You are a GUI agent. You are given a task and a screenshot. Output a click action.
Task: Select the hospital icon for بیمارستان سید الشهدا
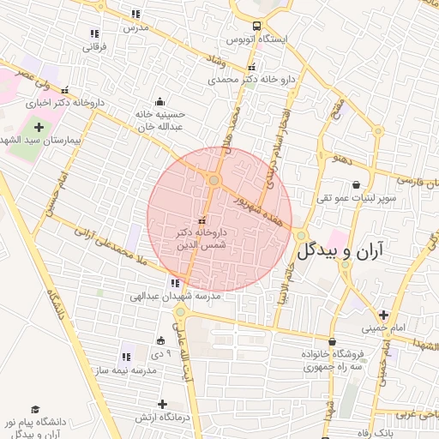pyautogui.click(x=39, y=127)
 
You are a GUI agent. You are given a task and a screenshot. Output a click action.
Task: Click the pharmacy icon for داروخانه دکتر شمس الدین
pyautogui.click(x=202, y=220)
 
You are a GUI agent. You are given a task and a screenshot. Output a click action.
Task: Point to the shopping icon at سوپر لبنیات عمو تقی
pyautogui.click(x=356, y=184)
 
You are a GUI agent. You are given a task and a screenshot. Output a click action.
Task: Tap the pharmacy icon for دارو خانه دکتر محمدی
pyautogui.click(x=251, y=67)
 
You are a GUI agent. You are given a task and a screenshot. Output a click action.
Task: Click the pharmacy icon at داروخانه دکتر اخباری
pyautogui.click(x=65, y=89)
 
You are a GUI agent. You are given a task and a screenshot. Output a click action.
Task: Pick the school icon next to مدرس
pyautogui.click(x=135, y=14)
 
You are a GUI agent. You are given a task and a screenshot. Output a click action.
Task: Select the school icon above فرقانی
pyautogui.click(x=93, y=33)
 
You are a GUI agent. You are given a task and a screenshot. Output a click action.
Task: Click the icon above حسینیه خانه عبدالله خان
pyautogui.click(x=159, y=100)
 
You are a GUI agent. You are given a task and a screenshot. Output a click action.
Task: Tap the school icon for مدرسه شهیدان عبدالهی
pyautogui.click(x=175, y=283)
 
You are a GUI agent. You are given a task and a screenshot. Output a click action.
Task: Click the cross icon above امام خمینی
pyautogui.click(x=383, y=314)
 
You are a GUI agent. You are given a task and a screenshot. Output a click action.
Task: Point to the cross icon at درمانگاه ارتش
pyautogui.click(x=162, y=404)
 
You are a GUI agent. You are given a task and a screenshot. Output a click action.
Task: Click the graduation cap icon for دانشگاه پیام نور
pyautogui.click(x=35, y=410)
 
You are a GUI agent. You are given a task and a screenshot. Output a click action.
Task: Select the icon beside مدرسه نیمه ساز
pyautogui.click(x=126, y=357)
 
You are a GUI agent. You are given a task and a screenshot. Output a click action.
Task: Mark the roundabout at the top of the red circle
pyautogui.click(x=213, y=180)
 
